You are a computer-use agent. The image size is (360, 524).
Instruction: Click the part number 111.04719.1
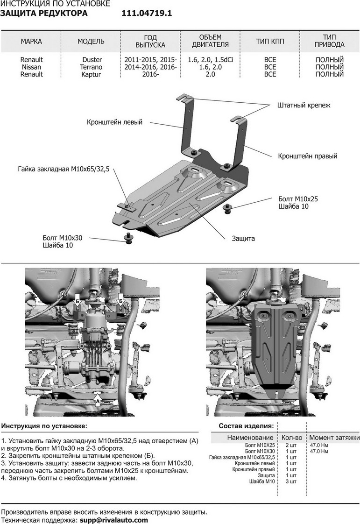[x=147, y=14]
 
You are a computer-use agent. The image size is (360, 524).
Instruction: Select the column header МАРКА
[x=31, y=42]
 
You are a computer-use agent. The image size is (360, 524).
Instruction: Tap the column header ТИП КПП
[x=270, y=42]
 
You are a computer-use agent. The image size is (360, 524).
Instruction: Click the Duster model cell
[x=92, y=60]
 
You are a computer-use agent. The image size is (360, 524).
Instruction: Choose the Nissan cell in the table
[x=31, y=67]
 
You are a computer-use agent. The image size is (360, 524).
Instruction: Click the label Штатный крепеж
[x=304, y=105]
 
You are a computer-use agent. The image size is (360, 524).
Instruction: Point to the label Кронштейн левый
[x=114, y=122]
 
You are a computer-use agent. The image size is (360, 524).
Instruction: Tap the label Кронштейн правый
[x=307, y=156]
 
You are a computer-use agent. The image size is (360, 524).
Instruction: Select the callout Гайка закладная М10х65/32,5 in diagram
[x=64, y=170]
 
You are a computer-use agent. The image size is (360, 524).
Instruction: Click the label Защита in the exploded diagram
[x=243, y=238]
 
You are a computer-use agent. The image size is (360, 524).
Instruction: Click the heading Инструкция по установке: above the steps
[x=44, y=426]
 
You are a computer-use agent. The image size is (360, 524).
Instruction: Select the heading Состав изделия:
[x=246, y=426]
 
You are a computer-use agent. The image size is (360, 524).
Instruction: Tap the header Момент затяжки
[x=334, y=438]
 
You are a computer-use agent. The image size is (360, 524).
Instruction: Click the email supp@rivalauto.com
[x=113, y=520]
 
